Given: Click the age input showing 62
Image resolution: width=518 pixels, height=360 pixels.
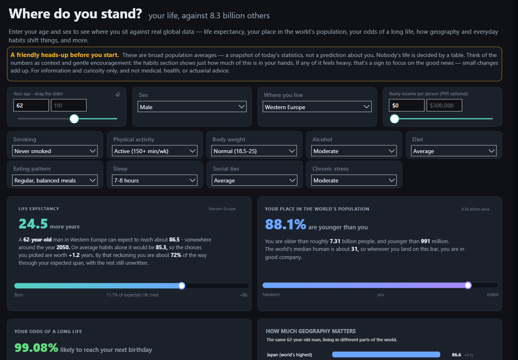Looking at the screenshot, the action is (x=31, y=105).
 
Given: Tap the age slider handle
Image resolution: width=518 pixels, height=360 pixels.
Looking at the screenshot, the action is (x=74, y=119).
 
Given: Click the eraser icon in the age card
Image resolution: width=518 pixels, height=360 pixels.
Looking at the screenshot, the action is (x=118, y=94).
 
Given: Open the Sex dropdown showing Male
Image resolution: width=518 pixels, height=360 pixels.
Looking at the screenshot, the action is (x=192, y=107).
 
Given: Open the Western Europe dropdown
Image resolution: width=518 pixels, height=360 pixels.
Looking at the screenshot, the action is (x=317, y=107).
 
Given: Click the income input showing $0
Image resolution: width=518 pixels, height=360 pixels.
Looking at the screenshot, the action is (x=407, y=105).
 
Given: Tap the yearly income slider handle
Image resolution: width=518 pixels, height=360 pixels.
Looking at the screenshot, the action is (x=395, y=119).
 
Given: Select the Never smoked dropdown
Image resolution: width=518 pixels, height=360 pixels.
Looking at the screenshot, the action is (x=55, y=151).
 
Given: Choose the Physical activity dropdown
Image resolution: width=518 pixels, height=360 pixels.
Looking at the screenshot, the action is (x=155, y=151).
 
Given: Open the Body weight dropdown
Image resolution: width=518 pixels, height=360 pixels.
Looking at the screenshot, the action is (x=254, y=151).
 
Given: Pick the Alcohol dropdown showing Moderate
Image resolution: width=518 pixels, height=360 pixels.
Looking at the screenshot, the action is (x=354, y=151).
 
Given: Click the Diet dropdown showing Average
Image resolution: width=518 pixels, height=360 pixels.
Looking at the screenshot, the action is (x=454, y=151).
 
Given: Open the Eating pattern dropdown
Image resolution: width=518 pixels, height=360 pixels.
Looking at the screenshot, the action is (x=55, y=180).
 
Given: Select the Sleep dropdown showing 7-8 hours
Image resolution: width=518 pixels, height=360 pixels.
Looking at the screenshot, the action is (x=155, y=180).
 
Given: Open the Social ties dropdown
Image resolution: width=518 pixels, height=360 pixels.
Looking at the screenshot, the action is (x=254, y=180).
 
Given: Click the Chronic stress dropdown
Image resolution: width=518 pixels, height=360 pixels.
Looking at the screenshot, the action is (x=354, y=180).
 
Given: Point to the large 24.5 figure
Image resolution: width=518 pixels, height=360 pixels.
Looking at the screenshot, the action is (x=33, y=224).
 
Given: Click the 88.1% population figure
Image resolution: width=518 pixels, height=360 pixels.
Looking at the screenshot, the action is (x=285, y=224).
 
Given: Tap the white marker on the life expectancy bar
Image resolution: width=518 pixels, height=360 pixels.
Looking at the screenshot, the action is (x=182, y=285).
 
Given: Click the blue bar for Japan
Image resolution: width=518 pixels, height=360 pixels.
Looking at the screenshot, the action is (x=386, y=354).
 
